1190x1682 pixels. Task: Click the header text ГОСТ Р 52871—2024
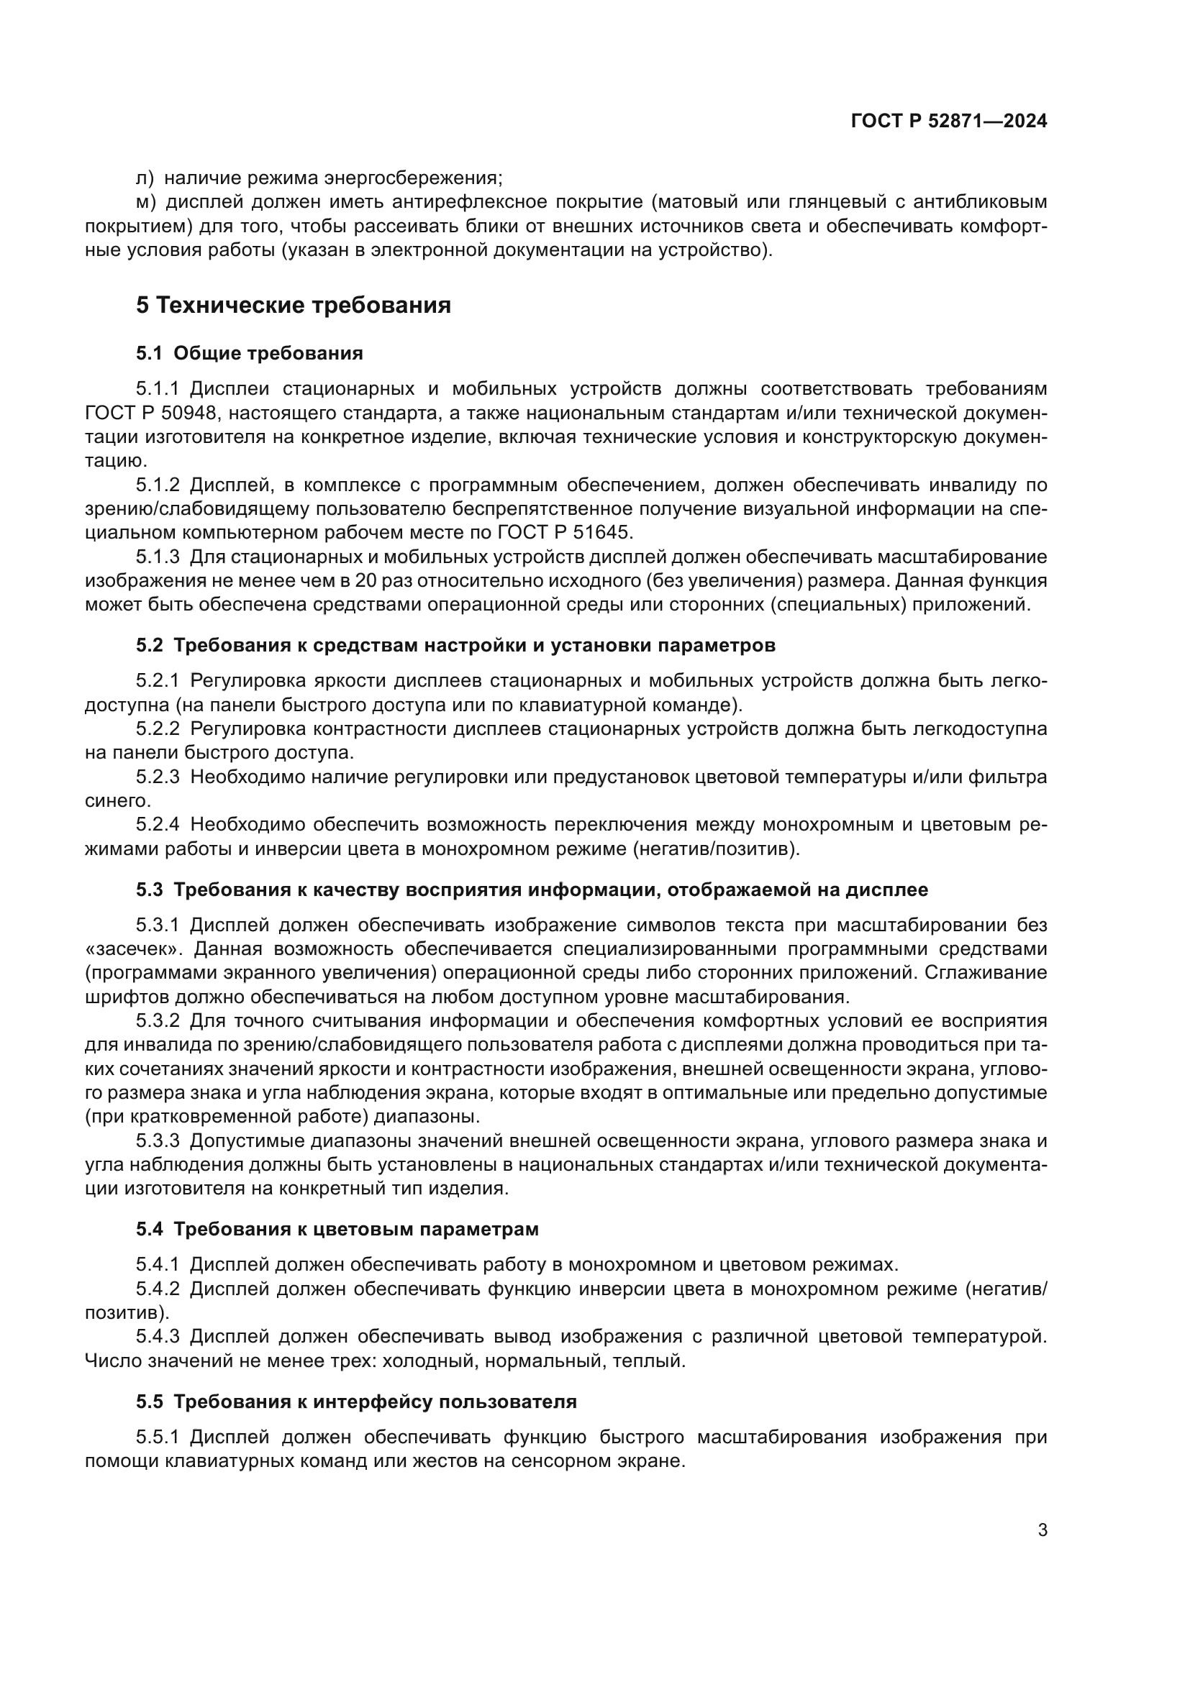pos(949,122)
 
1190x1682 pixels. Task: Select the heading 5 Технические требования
pos(293,305)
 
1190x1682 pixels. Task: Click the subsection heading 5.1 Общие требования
pos(249,354)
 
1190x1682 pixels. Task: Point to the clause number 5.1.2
pos(158,485)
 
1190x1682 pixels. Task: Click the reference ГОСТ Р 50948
pos(151,413)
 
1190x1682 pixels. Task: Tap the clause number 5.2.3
pos(158,777)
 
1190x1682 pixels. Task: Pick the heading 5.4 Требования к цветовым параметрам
pos(337,1229)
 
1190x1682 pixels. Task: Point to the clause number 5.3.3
pos(158,1141)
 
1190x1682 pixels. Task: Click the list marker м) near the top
pos(147,201)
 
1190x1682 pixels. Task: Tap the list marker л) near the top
pos(145,178)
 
